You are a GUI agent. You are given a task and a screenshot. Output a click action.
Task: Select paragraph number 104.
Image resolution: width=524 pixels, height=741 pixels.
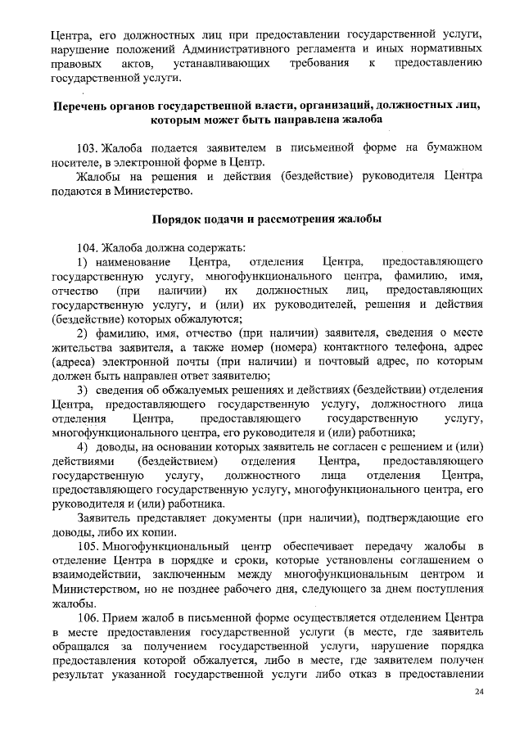88,247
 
